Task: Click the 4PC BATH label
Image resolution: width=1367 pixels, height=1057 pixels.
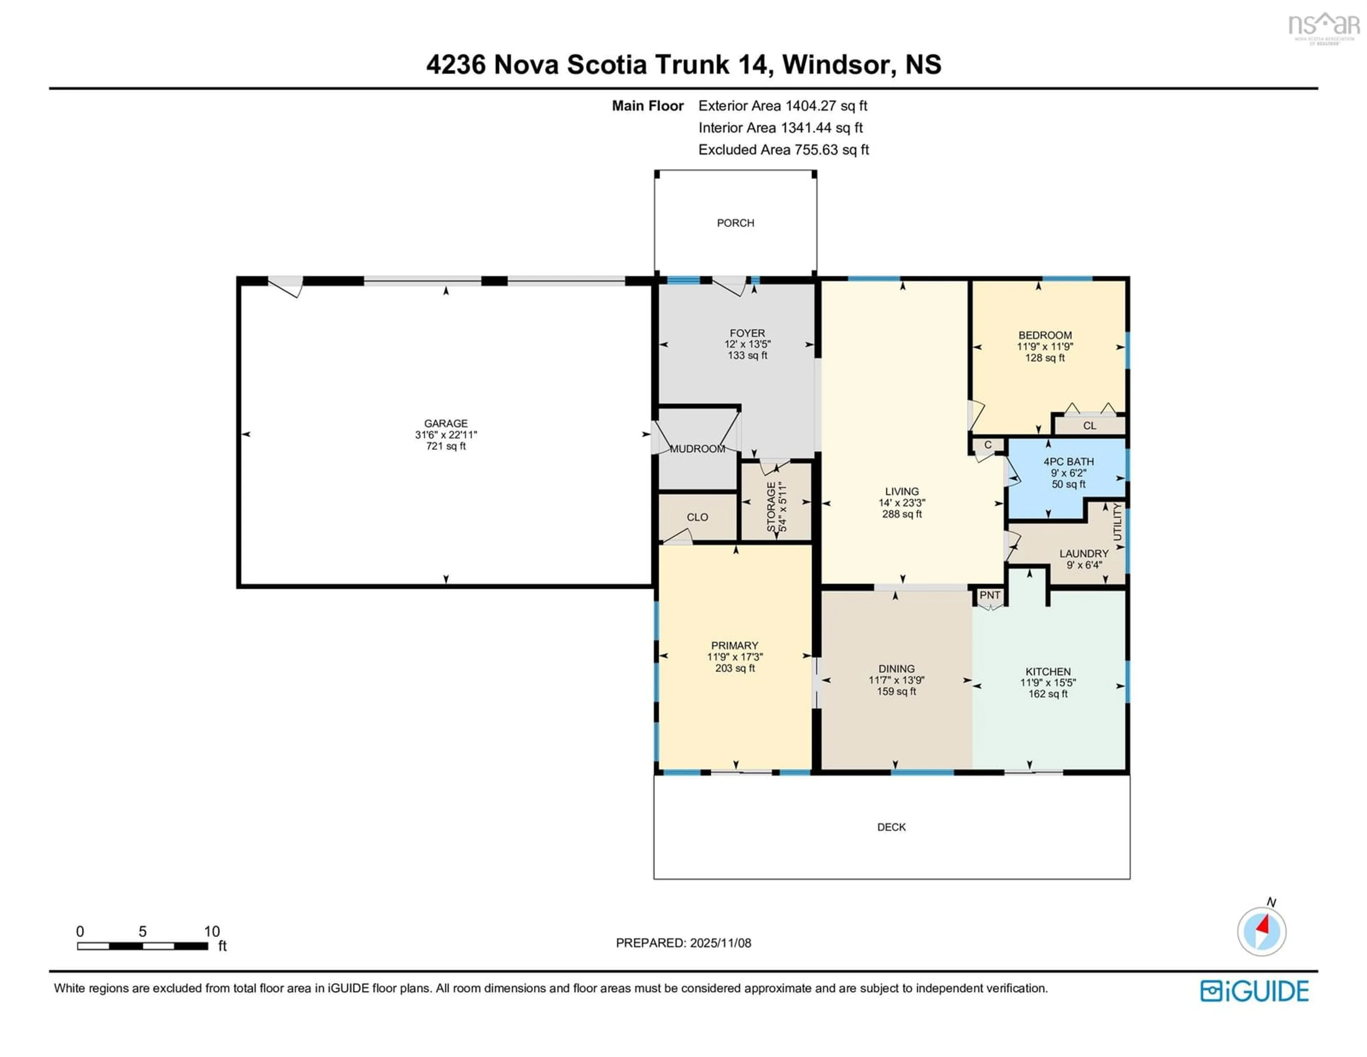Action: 1068,462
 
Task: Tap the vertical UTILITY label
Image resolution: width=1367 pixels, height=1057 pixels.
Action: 1118,522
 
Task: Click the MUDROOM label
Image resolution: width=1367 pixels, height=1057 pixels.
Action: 697,449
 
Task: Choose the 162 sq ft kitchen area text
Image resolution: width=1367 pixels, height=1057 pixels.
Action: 1048,694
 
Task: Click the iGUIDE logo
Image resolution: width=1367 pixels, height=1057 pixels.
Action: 1255,991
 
